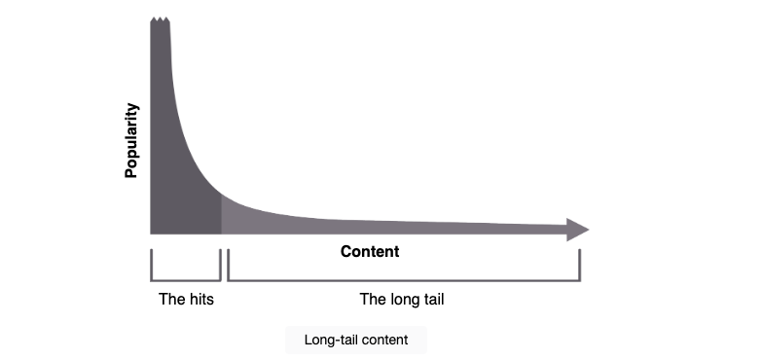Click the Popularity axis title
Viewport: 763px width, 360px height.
click(x=131, y=140)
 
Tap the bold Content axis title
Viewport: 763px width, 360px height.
click(x=370, y=251)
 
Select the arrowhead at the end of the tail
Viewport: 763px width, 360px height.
click(x=578, y=230)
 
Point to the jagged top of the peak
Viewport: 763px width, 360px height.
click(x=160, y=19)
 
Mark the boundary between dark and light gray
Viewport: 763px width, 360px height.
click(x=222, y=214)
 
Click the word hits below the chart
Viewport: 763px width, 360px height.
click(x=200, y=300)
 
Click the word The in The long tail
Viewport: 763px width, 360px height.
click(x=372, y=300)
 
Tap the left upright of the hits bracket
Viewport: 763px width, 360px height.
click(x=152, y=265)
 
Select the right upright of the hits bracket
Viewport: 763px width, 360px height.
click(x=220, y=265)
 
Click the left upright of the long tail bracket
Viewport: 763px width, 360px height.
click(x=228, y=265)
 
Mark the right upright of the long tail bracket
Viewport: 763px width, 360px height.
click(x=580, y=265)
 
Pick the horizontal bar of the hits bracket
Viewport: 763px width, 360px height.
click(x=185, y=280)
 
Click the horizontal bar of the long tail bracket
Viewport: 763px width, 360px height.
click(x=404, y=280)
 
